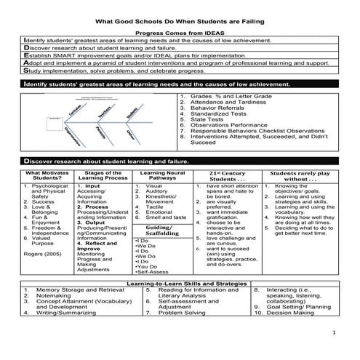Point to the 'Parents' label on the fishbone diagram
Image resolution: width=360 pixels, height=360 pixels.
tap(106, 132)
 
